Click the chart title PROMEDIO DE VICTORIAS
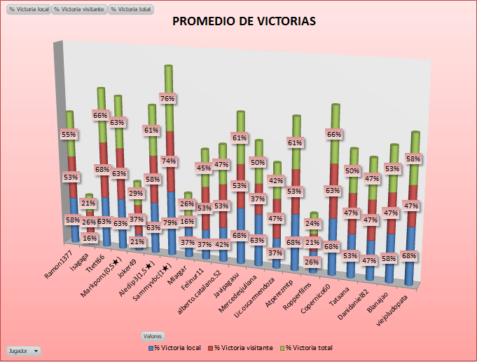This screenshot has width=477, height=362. [244, 21]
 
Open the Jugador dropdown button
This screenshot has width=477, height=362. [23, 349]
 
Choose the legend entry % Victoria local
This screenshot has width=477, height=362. [175, 347]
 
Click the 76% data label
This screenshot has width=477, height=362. [168, 99]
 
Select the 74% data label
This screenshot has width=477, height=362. [168, 161]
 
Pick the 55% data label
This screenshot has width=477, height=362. [69, 134]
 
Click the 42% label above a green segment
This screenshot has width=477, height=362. [276, 180]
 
